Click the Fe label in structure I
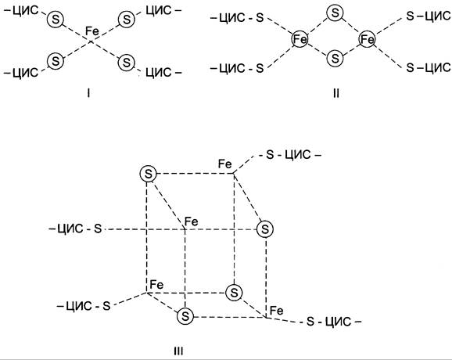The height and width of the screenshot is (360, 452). point(92,31)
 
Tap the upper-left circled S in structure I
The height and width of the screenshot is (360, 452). point(56,20)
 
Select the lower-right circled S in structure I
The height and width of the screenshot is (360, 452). point(127,63)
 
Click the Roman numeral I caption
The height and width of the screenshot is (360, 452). point(89,93)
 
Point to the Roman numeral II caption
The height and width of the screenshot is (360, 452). point(336,93)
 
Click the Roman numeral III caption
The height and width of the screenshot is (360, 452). point(178,351)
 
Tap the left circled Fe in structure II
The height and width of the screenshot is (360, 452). point(300,39)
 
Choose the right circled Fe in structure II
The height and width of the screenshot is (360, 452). point(368,39)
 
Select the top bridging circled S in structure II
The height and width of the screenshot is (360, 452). point(335,13)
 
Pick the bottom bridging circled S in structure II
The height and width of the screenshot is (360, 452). point(335,58)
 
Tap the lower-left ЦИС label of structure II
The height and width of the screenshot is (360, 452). point(231,68)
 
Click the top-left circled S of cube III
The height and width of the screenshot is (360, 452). point(148,174)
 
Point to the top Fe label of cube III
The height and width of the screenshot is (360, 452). point(225,164)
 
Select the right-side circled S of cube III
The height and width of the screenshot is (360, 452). point(265,229)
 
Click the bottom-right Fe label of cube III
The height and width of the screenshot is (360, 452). point(277,311)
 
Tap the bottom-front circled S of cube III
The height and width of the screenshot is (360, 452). point(185,316)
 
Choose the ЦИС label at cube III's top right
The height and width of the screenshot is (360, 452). point(298,155)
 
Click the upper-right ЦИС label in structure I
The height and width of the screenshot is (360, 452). point(158,11)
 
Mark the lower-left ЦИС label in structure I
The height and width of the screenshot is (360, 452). point(25,73)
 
